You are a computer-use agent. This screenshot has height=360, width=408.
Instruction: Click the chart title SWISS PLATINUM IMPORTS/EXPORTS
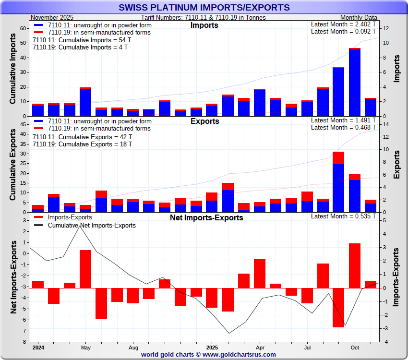(204, 8)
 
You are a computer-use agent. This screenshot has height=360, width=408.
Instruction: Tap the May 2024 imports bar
(85, 102)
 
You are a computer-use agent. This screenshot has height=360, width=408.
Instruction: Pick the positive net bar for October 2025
(355, 265)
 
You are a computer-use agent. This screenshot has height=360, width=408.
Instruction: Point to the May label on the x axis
(86, 347)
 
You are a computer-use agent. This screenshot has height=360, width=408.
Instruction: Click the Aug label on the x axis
(133, 347)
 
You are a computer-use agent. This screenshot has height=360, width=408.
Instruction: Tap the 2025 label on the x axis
(212, 347)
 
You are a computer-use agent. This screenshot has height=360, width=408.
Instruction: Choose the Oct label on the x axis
(355, 347)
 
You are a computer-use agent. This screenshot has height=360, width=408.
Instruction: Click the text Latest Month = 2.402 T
(344, 24)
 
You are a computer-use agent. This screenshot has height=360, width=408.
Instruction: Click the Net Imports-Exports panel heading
(206, 217)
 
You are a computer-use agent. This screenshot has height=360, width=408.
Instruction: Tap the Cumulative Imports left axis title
(13, 72)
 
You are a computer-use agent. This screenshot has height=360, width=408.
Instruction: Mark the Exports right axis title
(396, 165)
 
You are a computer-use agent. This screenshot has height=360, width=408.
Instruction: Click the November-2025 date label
(52, 17)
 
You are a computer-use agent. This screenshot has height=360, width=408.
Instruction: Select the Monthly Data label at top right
(358, 17)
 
